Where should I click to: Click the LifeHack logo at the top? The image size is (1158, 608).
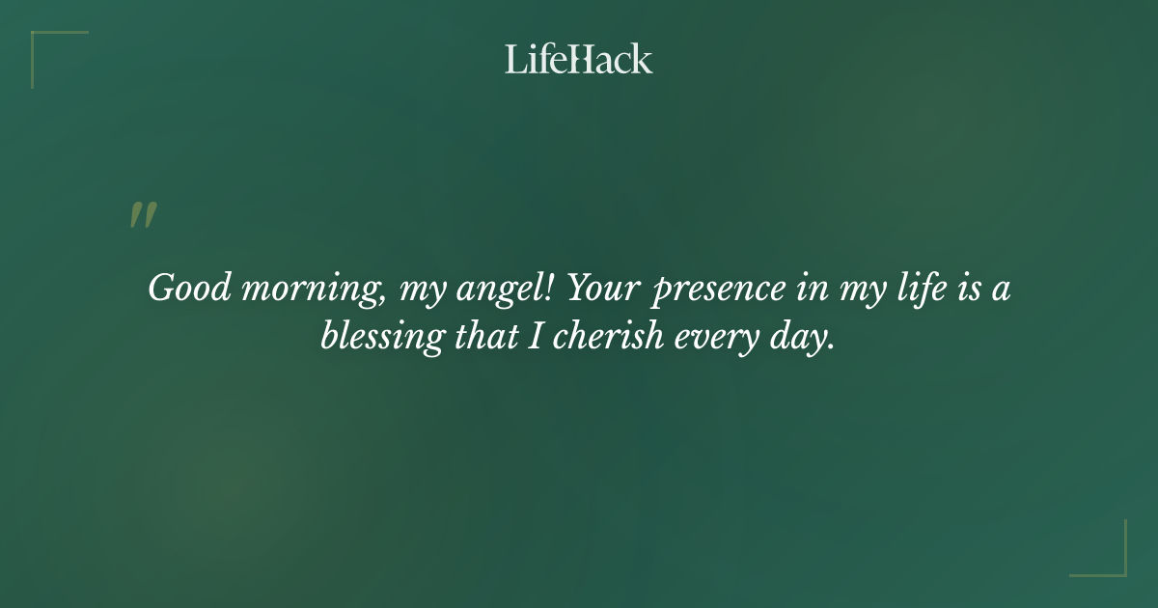pyautogui.click(x=579, y=59)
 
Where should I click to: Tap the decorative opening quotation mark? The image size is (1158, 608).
pyautogui.click(x=143, y=216)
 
